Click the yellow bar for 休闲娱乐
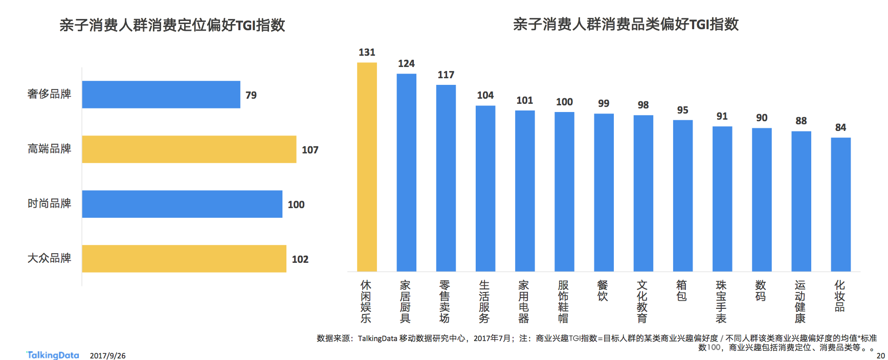click(367, 167)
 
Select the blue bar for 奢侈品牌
click(161, 95)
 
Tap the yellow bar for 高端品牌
click(189, 149)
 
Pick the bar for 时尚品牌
click(182, 204)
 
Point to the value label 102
click(300, 259)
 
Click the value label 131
click(367, 52)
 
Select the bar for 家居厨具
click(407, 172)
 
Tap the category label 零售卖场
click(445, 302)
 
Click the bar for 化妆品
click(841, 205)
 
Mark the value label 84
click(841, 127)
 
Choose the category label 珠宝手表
click(721, 302)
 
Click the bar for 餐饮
click(604, 192)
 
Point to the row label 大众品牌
click(49, 258)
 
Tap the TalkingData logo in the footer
click(53, 355)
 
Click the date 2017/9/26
click(107, 355)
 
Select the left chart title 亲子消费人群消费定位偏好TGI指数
click(172, 25)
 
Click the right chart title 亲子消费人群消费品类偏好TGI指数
click(626, 24)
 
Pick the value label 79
click(251, 95)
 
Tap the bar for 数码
click(762, 199)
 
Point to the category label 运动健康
click(801, 302)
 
